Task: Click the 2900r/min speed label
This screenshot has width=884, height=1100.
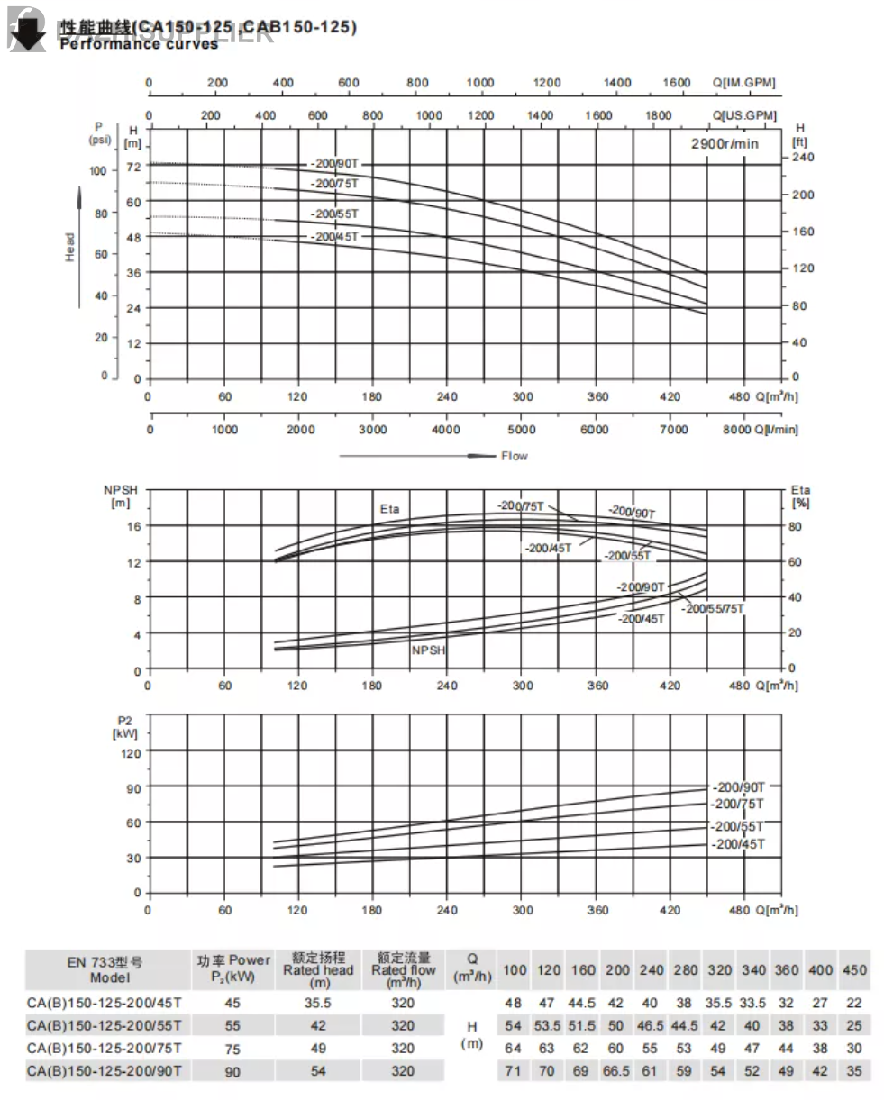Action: (725, 143)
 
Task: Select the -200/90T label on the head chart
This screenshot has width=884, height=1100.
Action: (334, 164)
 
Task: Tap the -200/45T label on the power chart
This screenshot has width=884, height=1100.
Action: (738, 844)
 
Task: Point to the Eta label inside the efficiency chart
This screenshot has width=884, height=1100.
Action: (389, 509)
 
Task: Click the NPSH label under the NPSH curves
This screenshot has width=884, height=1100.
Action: (428, 650)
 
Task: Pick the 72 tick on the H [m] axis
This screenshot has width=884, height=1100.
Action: (133, 167)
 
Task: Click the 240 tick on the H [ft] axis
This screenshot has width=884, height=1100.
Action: (802, 158)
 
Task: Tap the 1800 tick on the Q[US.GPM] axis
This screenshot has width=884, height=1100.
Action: (659, 115)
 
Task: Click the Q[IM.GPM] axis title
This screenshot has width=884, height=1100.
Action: (743, 83)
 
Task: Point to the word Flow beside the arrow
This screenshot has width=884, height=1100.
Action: (515, 456)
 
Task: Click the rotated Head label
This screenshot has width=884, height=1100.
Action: (70, 247)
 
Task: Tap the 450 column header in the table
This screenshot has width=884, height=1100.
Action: (854, 970)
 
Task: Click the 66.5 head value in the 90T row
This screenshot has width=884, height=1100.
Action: (617, 1071)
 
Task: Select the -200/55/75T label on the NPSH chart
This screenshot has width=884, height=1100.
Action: (714, 609)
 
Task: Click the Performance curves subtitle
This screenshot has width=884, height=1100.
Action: (139, 43)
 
